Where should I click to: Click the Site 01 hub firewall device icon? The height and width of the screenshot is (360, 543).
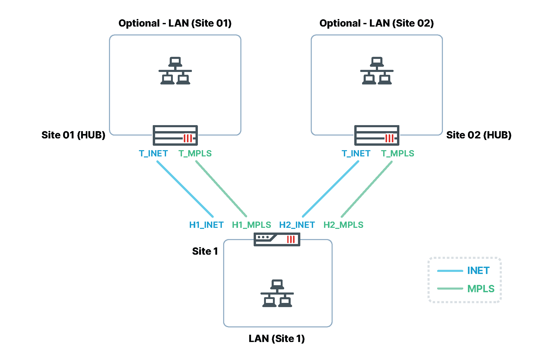(175, 135)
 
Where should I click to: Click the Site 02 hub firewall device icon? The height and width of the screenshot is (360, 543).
(377, 135)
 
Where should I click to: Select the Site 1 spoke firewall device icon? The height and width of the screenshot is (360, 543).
(277, 239)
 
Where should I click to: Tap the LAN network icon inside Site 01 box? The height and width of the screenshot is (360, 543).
(175, 71)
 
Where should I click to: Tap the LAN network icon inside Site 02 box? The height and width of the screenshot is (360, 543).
(377, 71)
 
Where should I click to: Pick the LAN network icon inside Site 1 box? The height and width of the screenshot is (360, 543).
(277, 293)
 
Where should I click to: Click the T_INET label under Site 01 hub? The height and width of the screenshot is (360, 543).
(153, 154)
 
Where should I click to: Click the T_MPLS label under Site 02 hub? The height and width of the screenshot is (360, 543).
(398, 154)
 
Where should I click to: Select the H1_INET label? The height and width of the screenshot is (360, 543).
(206, 225)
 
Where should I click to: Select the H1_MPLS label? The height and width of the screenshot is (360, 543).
(252, 225)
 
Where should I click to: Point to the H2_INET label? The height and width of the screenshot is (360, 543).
(297, 225)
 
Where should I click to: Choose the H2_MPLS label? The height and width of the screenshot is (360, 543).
(343, 225)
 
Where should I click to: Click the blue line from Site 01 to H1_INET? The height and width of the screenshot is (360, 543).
(185, 189)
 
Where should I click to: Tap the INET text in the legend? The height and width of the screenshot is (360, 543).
(478, 271)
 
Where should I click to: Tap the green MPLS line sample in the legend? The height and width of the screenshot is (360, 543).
(450, 289)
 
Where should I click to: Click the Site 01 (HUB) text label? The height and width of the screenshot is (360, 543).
(73, 135)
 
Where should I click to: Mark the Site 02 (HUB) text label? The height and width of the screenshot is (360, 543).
(479, 135)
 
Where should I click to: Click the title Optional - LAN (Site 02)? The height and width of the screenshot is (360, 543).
(377, 23)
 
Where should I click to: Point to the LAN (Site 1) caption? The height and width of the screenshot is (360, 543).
(277, 338)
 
